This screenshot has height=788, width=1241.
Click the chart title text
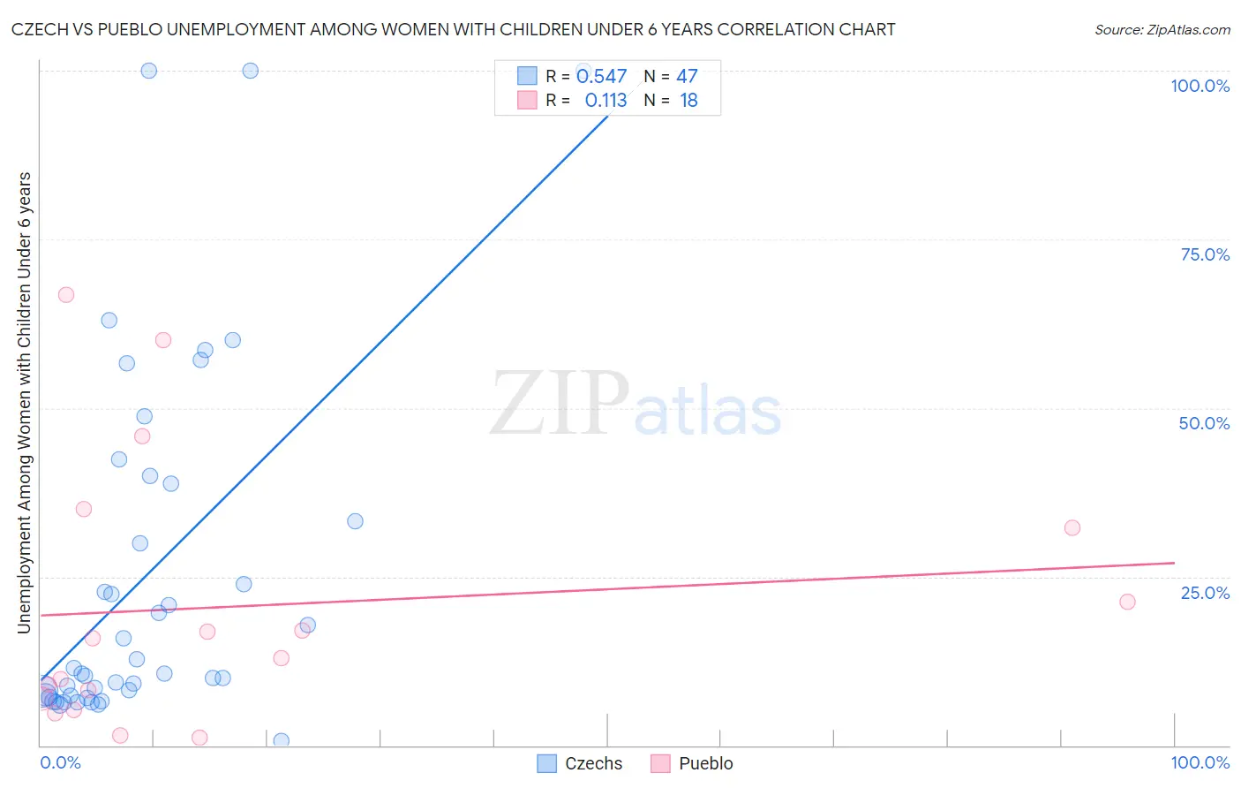[x=453, y=29]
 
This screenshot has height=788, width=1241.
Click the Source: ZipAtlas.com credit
[x=1162, y=29]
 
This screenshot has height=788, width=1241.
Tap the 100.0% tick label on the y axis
[x=1200, y=86]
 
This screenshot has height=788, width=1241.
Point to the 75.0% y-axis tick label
[x=1205, y=254]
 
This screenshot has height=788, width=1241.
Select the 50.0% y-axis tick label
[x=1204, y=423]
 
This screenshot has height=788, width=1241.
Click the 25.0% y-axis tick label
[x=1205, y=592]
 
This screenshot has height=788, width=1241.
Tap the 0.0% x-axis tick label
[x=60, y=762]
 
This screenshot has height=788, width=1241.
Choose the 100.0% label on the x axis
[x=1200, y=762]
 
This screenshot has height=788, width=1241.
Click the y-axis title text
[x=24, y=402]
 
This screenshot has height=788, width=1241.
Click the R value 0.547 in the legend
[x=601, y=77]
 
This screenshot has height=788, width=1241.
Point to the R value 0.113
[x=605, y=101]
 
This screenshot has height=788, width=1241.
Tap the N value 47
[x=687, y=77]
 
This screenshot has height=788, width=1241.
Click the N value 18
[x=688, y=101]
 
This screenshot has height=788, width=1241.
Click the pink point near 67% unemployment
[x=65, y=295]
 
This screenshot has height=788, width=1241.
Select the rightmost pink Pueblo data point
[x=1127, y=602]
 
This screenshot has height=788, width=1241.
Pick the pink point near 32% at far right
[x=1072, y=528]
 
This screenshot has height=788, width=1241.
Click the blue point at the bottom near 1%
[x=282, y=740]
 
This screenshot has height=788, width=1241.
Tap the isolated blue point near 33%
[x=355, y=521]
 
